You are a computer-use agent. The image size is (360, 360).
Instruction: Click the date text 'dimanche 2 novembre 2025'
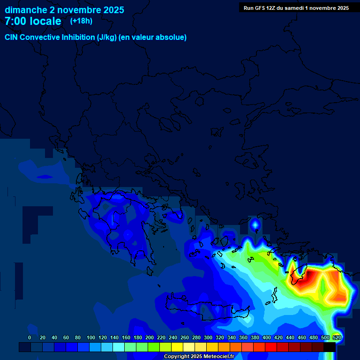[64, 10]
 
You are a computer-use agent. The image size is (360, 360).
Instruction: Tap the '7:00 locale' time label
[33, 21]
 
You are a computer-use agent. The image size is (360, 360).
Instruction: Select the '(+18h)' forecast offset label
[81, 21]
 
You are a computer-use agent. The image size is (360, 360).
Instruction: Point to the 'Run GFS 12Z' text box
[296, 8]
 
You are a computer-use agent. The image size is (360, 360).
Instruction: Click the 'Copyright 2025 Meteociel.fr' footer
[199, 357]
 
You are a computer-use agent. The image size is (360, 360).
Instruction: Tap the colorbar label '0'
[30, 337]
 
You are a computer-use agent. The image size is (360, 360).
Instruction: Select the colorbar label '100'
[90, 337]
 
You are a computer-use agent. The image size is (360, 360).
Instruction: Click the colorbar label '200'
[150, 337]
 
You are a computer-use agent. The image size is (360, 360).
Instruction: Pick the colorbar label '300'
[208, 337]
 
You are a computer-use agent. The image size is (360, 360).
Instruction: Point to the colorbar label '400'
[267, 337]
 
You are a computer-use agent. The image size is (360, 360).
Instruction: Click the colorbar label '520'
[337, 337]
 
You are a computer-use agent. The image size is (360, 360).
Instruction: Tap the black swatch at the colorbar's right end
[330, 347]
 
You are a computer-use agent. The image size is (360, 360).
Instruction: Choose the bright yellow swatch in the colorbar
[177, 347]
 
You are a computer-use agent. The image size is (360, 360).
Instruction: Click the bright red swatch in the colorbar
[271, 347]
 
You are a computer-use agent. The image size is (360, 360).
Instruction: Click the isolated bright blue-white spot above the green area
[255, 225]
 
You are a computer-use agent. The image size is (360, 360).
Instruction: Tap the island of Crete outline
[206, 307]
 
